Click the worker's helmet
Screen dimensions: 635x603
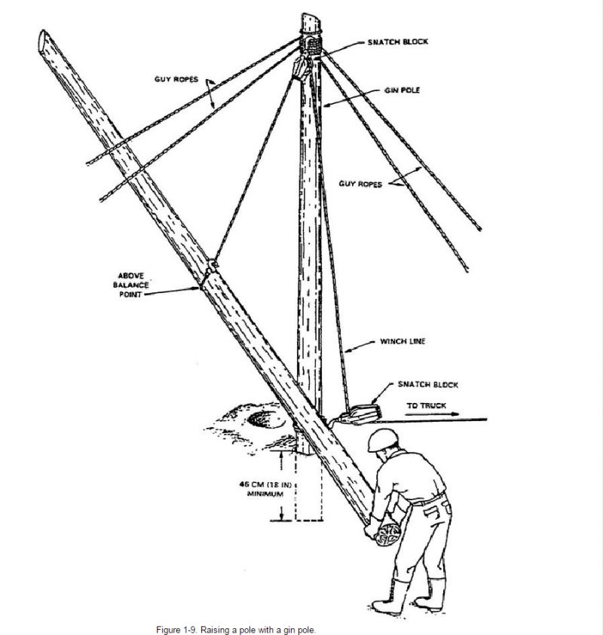point(383,440)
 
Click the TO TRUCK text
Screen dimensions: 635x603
point(427,406)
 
